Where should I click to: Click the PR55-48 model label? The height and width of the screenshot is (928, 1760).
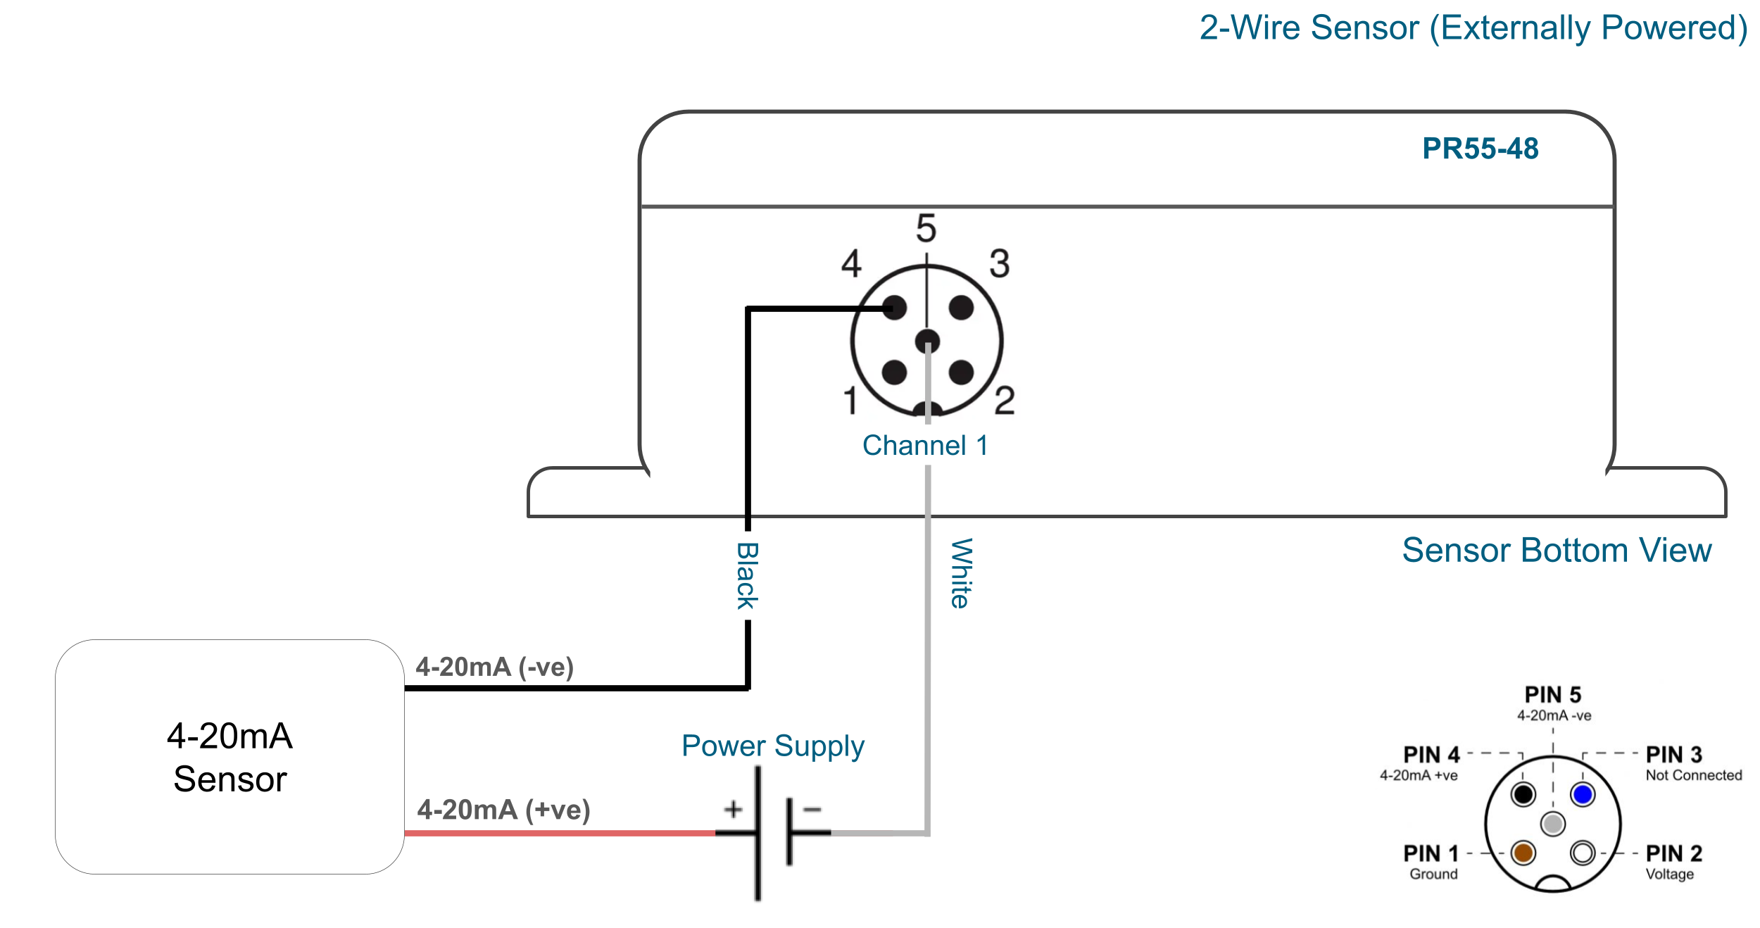[x=1480, y=149]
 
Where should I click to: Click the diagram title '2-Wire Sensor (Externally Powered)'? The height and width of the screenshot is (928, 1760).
[x=1473, y=28]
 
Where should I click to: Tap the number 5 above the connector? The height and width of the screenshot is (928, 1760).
[x=926, y=228]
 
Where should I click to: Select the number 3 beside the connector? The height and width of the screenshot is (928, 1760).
[x=999, y=263]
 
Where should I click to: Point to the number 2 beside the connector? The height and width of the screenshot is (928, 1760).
[x=1005, y=400]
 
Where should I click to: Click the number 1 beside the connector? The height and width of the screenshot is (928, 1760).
[x=850, y=400]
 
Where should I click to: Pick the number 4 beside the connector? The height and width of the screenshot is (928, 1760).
[x=851, y=263]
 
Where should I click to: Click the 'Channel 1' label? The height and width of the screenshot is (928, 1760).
[x=925, y=445]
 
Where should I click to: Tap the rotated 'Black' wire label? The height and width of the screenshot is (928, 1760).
[x=747, y=575]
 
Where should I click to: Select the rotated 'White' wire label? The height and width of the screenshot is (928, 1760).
[x=961, y=573]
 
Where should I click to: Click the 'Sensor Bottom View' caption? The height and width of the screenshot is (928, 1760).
[x=1557, y=550]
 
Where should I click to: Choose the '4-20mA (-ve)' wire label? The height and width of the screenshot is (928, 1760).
[x=494, y=667]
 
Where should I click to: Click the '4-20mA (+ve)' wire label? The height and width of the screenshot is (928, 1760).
[x=503, y=810]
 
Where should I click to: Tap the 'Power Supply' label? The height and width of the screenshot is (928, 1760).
[x=772, y=746]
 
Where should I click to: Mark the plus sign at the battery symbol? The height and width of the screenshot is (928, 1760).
[x=733, y=809]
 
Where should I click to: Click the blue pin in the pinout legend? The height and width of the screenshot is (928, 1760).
[x=1583, y=794]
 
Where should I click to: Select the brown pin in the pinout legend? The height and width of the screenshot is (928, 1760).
[x=1523, y=853]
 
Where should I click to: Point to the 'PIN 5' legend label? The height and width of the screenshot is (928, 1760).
[x=1553, y=695]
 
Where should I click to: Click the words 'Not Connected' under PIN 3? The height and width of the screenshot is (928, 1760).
[x=1693, y=775]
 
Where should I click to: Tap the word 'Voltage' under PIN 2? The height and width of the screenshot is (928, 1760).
[x=1669, y=874]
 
